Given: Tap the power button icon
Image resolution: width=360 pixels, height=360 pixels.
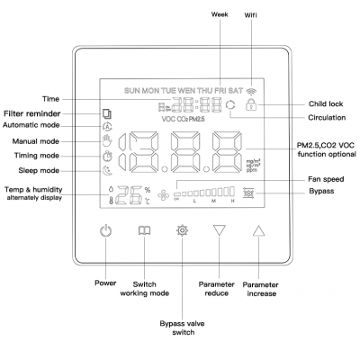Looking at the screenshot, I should pyautogui.click(x=107, y=230).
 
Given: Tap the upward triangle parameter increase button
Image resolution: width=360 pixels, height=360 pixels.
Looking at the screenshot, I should pyautogui.click(x=260, y=230).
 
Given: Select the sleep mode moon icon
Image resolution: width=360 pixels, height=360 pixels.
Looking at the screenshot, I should pyautogui.click(x=107, y=170).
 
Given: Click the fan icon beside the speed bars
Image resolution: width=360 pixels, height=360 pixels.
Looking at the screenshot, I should pyautogui.click(x=164, y=193).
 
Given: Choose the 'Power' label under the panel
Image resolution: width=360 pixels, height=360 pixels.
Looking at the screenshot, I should pyautogui.click(x=106, y=282).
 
